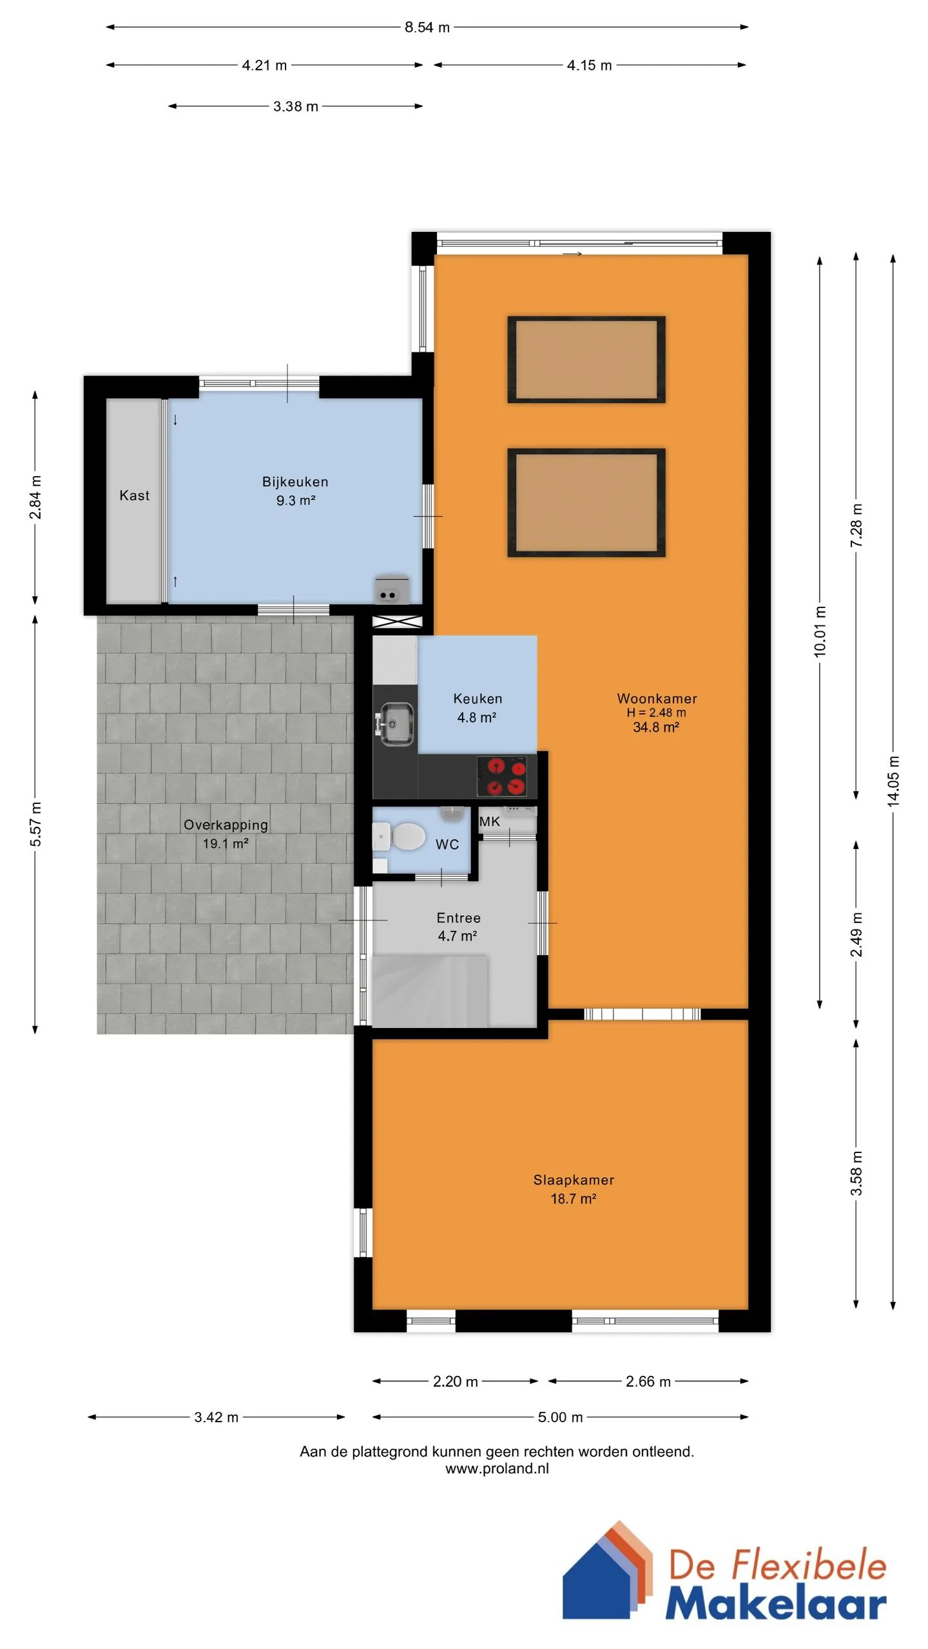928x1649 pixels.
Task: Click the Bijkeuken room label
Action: (295, 482)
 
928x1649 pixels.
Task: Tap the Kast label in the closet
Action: (134, 495)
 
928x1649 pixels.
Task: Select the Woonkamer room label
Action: (657, 698)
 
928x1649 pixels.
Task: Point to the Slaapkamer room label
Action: (574, 1180)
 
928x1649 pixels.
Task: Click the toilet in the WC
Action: (400, 837)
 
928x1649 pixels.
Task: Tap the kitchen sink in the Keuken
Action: (396, 724)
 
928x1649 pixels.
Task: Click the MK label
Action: (490, 821)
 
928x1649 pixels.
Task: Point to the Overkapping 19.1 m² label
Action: (226, 834)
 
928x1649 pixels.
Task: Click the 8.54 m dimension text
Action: (427, 27)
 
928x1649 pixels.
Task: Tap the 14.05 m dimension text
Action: (893, 781)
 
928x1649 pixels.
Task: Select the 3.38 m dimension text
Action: (296, 106)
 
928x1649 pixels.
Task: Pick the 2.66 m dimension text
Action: (648, 1381)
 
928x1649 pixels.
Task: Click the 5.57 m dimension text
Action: (35, 824)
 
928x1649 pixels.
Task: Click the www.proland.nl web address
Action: (497, 1468)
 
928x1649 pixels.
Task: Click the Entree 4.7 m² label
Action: (458, 927)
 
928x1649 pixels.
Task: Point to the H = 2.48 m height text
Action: (656, 712)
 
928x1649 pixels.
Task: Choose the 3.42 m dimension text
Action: (217, 1417)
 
